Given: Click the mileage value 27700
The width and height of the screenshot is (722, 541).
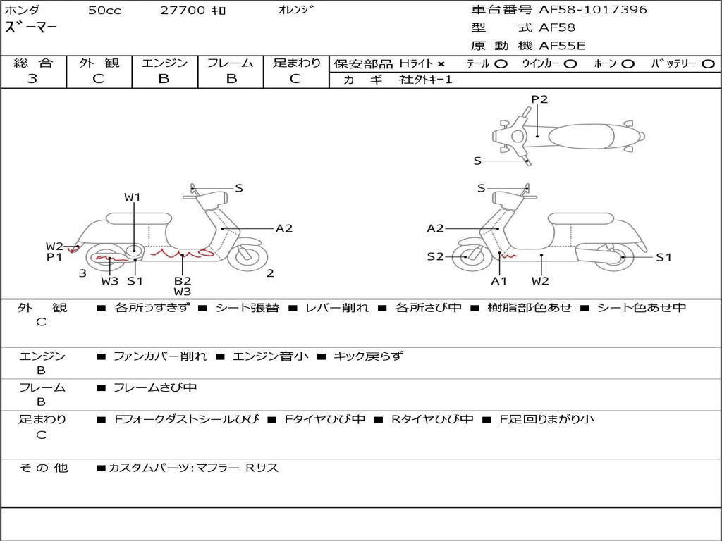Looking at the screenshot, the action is click(183, 11).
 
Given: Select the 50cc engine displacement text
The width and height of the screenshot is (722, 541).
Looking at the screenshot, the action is click(104, 11).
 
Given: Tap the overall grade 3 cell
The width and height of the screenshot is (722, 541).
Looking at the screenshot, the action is click(32, 79).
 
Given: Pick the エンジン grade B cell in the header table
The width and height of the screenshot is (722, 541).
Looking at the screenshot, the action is click(164, 79).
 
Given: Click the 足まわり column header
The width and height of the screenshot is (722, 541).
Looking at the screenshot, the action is click(296, 63).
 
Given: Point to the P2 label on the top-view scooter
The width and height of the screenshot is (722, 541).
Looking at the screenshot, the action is click(539, 99).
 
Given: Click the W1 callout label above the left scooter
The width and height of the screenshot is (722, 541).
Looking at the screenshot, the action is click(133, 197).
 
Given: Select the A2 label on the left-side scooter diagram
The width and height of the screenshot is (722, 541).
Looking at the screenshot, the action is click(283, 228).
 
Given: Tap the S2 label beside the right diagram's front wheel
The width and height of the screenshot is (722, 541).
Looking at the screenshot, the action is click(436, 257).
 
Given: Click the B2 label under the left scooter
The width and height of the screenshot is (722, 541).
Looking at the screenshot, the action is click(183, 280).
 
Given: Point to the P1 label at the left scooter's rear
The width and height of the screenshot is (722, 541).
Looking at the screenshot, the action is click(55, 258).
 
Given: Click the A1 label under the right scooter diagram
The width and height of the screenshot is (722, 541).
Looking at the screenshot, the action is click(499, 281).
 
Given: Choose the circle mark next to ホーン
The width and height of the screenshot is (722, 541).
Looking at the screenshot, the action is click(628, 63).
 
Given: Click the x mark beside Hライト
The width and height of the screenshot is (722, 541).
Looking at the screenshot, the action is click(441, 63).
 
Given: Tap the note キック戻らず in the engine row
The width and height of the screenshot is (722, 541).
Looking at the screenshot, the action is click(367, 356).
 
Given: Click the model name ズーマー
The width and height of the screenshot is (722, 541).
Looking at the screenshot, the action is click(32, 28).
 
